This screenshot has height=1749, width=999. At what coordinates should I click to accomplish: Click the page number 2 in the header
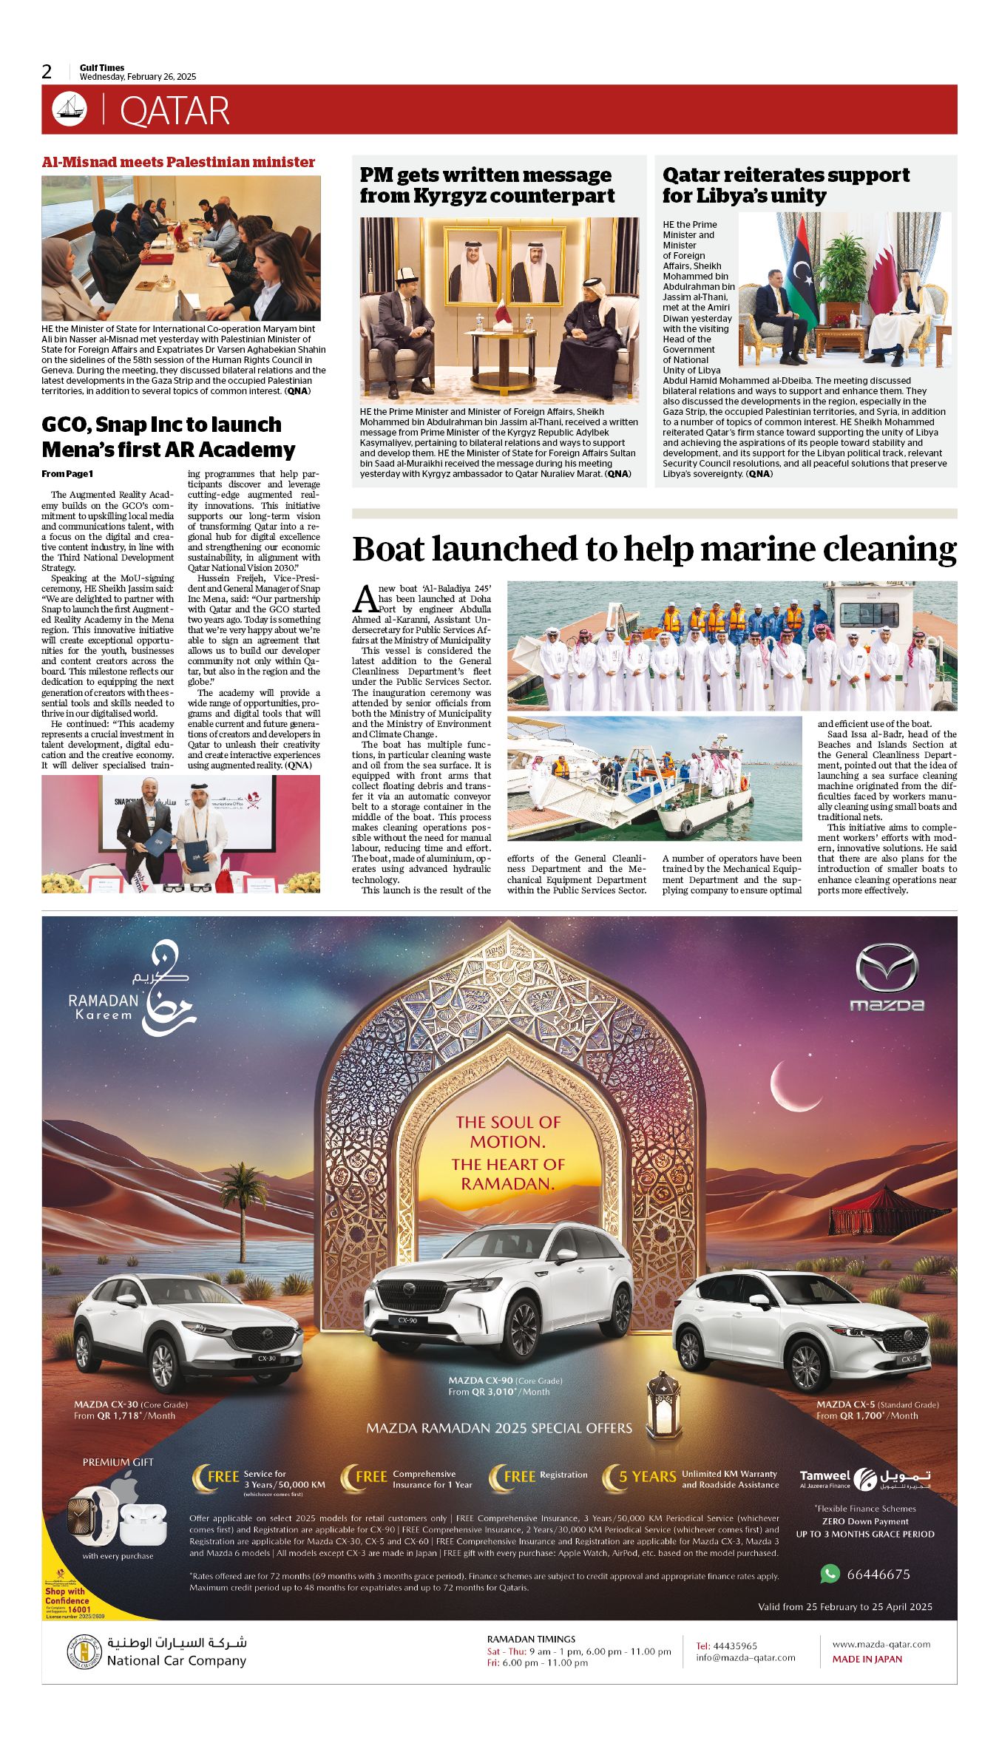pos(47,72)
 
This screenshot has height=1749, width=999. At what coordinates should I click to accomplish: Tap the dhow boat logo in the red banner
pos(70,109)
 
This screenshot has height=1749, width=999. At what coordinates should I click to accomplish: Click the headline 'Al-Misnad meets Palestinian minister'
pos(178,162)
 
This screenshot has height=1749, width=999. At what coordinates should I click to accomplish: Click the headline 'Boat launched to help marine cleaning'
pos(654,549)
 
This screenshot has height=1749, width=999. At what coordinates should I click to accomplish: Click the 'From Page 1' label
pos(67,474)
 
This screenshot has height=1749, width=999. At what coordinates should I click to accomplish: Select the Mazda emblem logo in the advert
pos(887,968)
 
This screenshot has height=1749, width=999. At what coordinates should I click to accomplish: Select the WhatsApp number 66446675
pos(878,1574)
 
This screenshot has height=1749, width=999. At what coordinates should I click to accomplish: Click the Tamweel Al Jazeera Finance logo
pos(864,1478)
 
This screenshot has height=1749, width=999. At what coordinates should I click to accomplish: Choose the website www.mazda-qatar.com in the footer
pos(881,1644)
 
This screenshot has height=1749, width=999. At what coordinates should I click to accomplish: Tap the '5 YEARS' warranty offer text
pos(647,1477)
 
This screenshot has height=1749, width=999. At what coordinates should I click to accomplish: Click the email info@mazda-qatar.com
pos(745,1657)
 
